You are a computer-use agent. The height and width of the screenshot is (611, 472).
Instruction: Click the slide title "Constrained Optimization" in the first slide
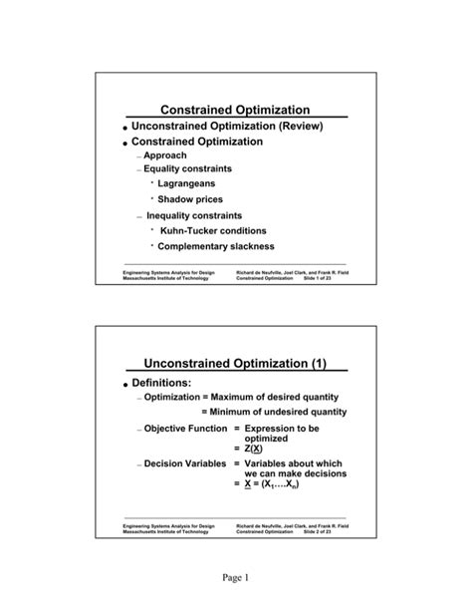[x=235, y=110]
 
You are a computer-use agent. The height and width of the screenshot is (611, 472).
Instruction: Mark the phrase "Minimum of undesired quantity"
[x=274, y=412]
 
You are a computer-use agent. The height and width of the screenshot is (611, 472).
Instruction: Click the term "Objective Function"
[x=186, y=428]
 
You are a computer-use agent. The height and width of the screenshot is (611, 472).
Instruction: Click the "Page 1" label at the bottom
[x=236, y=579]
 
